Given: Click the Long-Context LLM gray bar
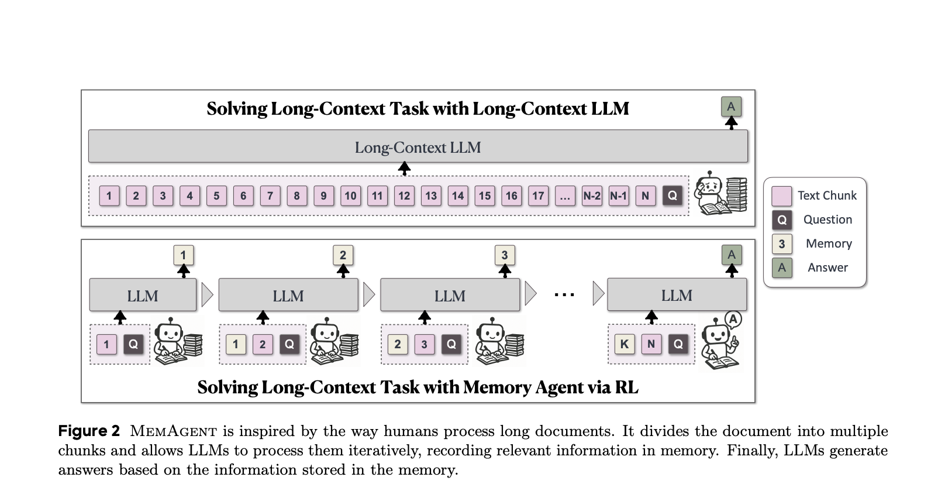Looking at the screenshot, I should click(x=418, y=146).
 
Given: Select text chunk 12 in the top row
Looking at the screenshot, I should click(x=404, y=195).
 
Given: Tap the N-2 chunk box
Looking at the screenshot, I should click(x=592, y=195).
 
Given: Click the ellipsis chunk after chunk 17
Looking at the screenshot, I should click(x=564, y=195).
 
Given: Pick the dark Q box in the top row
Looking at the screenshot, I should click(x=673, y=195).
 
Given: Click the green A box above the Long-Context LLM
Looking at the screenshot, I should click(x=731, y=107).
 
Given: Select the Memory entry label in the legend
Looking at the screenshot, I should click(x=828, y=243).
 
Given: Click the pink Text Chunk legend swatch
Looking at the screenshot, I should click(x=781, y=196).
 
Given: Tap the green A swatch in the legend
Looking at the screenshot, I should click(x=782, y=267).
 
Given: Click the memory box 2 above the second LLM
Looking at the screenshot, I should click(x=343, y=255).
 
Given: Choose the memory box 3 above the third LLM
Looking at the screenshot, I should click(x=505, y=255).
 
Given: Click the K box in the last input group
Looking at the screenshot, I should click(x=624, y=344).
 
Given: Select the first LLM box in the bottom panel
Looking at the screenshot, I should click(x=143, y=295).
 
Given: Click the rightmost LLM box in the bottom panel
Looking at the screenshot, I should click(x=677, y=295).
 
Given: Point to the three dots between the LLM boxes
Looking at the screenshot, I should click(x=564, y=295).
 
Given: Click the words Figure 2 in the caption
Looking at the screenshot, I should click(x=89, y=431).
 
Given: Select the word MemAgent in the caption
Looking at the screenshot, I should click(x=173, y=431).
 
